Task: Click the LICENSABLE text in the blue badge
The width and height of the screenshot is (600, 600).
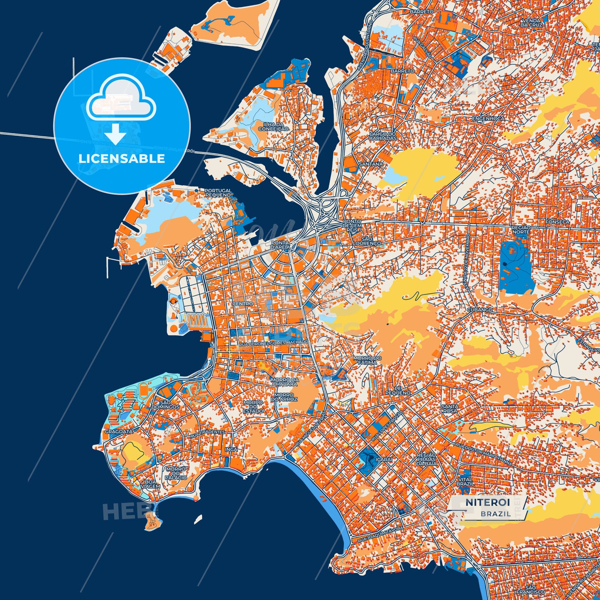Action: [x=122, y=159]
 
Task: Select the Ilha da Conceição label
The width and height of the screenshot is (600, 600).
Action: [x=273, y=127]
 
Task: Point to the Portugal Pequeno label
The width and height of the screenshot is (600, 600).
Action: [x=218, y=193]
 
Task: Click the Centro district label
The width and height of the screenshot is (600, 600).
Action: [x=242, y=304]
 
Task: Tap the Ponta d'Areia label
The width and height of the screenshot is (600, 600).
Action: [x=280, y=245]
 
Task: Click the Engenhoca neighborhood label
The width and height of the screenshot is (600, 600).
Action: [x=488, y=118]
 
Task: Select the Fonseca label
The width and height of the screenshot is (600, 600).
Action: [x=558, y=222]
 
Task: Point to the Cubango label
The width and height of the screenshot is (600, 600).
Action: [x=480, y=310]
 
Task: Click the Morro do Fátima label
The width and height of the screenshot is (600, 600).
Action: [x=367, y=360]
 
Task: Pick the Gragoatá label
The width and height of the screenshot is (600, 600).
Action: [x=119, y=431]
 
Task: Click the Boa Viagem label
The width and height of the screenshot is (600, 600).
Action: [x=150, y=484]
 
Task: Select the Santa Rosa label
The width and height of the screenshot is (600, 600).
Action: [x=450, y=409]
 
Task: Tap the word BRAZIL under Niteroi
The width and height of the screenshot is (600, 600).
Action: [x=496, y=514]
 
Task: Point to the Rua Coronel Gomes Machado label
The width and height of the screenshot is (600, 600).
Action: [x=274, y=343]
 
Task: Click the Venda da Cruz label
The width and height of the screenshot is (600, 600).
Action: [x=531, y=22]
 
